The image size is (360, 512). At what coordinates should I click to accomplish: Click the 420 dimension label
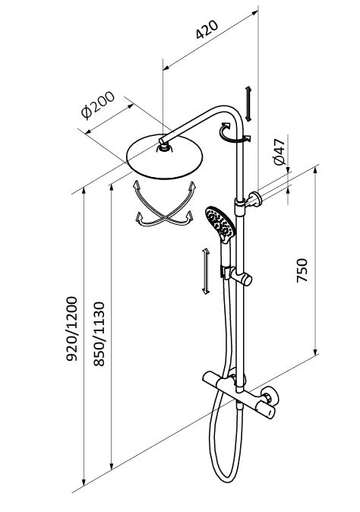207,30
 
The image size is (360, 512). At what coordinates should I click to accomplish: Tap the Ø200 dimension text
98,105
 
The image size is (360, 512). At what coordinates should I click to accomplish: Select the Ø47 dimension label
279,152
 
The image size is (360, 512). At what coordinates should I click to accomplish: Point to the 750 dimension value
302,270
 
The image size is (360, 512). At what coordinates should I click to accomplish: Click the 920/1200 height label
72,328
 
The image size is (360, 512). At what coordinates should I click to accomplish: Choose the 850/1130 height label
99,333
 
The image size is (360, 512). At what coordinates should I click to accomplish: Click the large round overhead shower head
165,156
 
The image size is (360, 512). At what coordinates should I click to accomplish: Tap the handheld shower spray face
220,223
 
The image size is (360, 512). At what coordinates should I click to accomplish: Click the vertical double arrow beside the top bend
248,104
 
